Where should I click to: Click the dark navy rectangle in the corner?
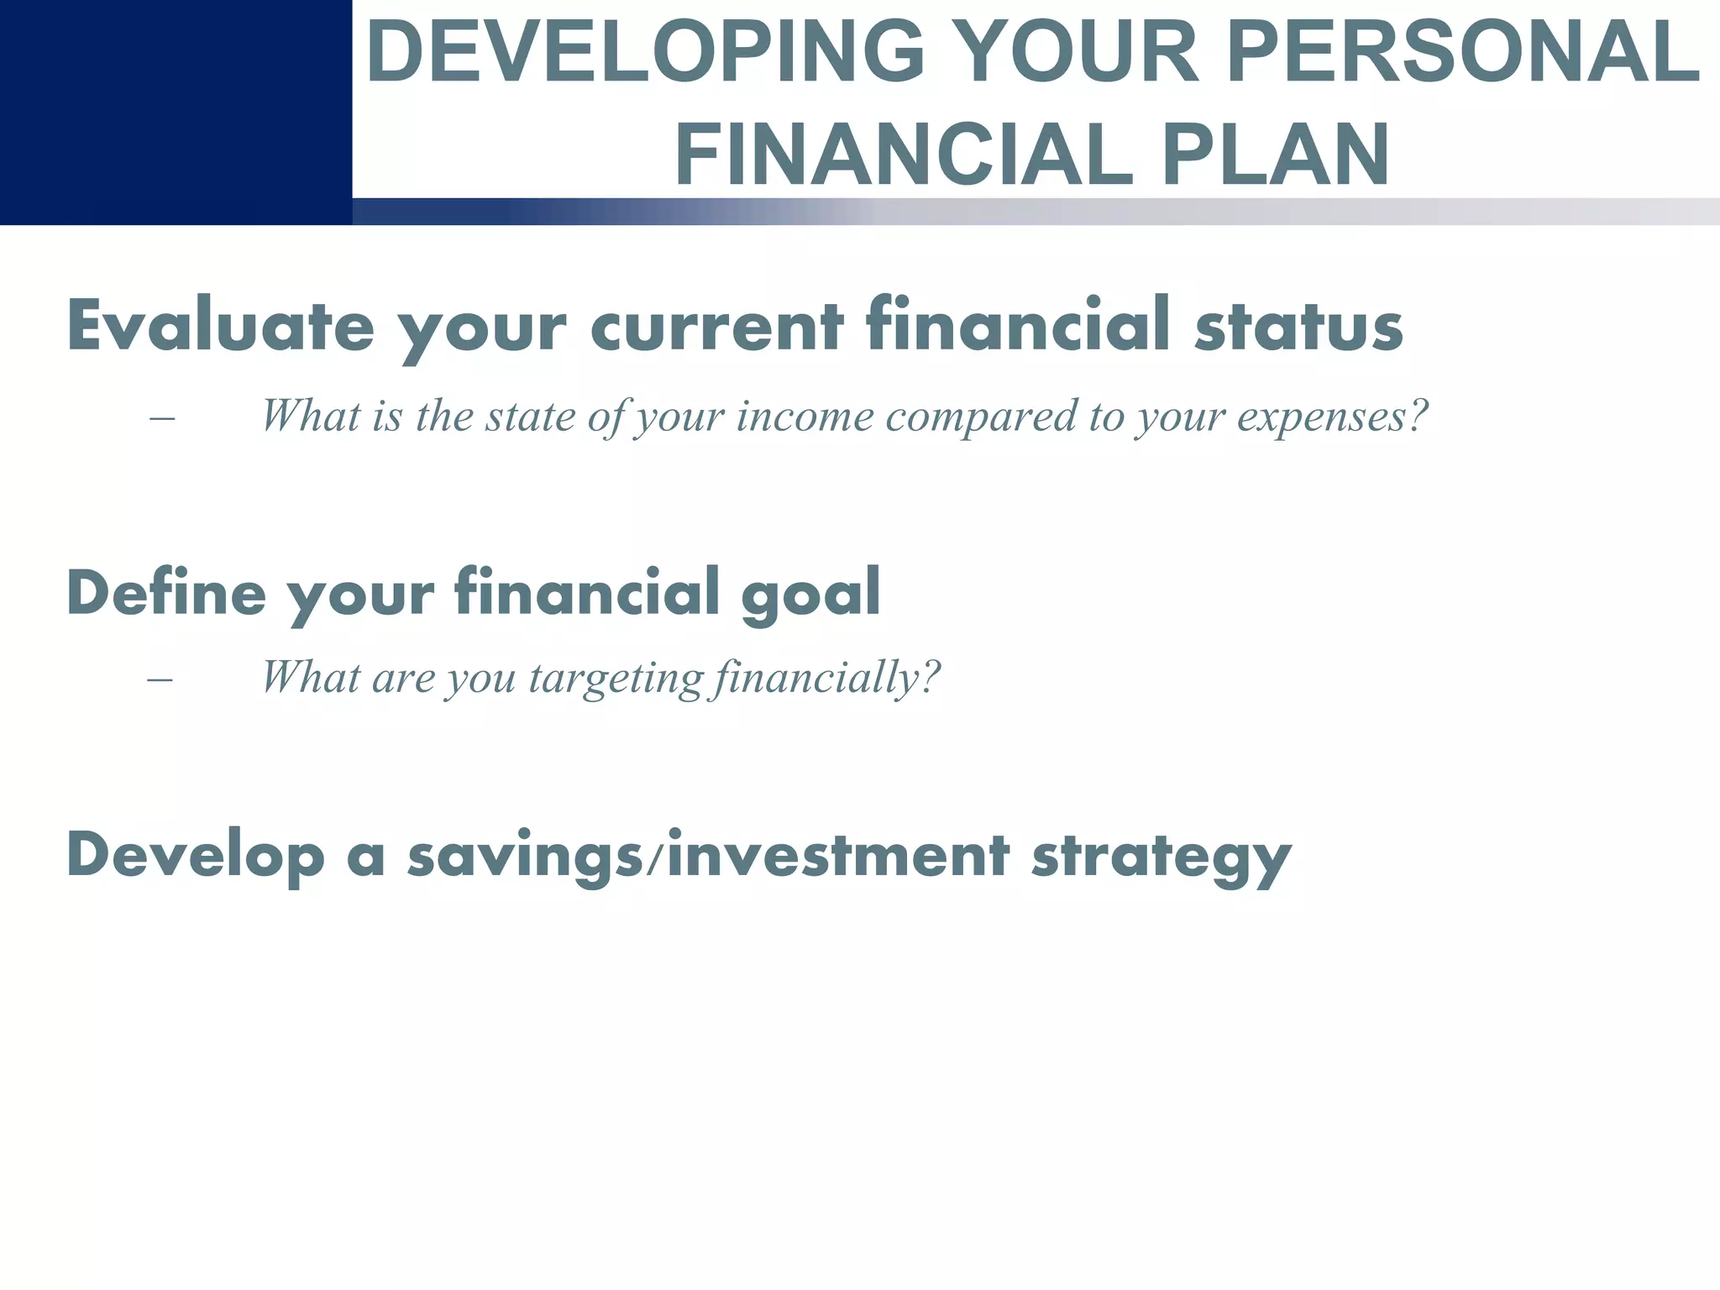[x=175, y=111]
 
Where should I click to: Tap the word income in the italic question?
[x=805, y=416]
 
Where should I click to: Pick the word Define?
[x=165, y=592]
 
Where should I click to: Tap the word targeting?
[x=616, y=677]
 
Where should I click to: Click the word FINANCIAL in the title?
[x=904, y=156]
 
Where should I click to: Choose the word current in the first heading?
[x=717, y=326]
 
